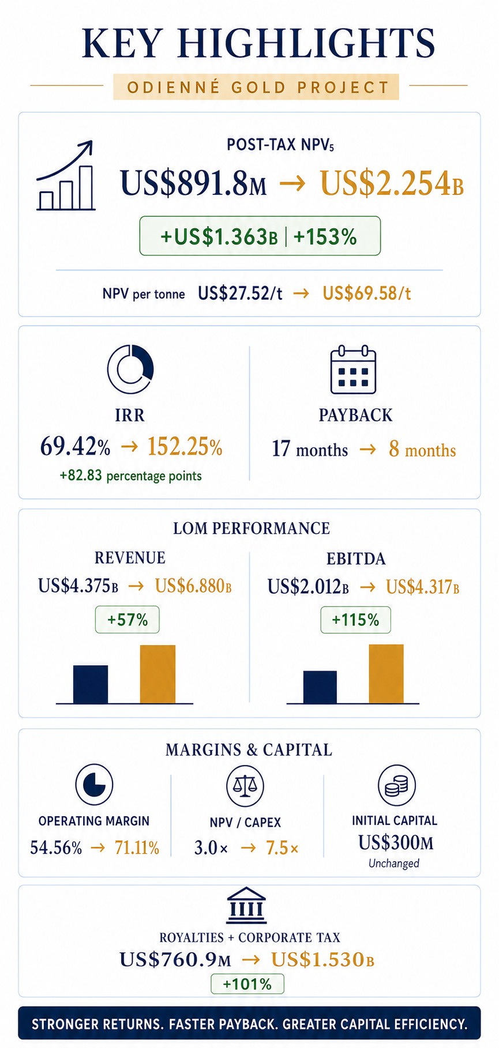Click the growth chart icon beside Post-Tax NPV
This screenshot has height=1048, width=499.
pos(65,175)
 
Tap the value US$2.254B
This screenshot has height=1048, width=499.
pos(392,183)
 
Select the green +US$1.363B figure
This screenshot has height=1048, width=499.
pos(219,236)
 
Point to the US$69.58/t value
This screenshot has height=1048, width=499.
pos(367,293)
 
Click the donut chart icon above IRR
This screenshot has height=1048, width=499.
pos(130,369)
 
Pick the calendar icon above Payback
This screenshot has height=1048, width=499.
pos(353,370)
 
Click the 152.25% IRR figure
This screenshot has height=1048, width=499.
pos(185,447)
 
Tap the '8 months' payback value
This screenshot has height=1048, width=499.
pos(422,449)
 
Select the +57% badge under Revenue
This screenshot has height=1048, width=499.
pos(127,620)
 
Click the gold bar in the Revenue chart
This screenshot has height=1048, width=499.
pos(157,674)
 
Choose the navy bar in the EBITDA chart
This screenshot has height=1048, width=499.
pos(320,687)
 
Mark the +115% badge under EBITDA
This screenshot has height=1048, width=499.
pos(355,620)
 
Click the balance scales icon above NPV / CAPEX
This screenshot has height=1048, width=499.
pos(245,785)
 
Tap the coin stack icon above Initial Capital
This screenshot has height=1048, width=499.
pos(396,785)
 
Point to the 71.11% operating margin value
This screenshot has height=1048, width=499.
pos(137,847)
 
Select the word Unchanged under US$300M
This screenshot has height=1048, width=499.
pos(394,863)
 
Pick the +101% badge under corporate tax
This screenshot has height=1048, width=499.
pos(247,983)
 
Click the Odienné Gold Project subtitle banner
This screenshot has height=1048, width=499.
pos(256,87)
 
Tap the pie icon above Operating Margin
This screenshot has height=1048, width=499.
pos(94,784)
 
